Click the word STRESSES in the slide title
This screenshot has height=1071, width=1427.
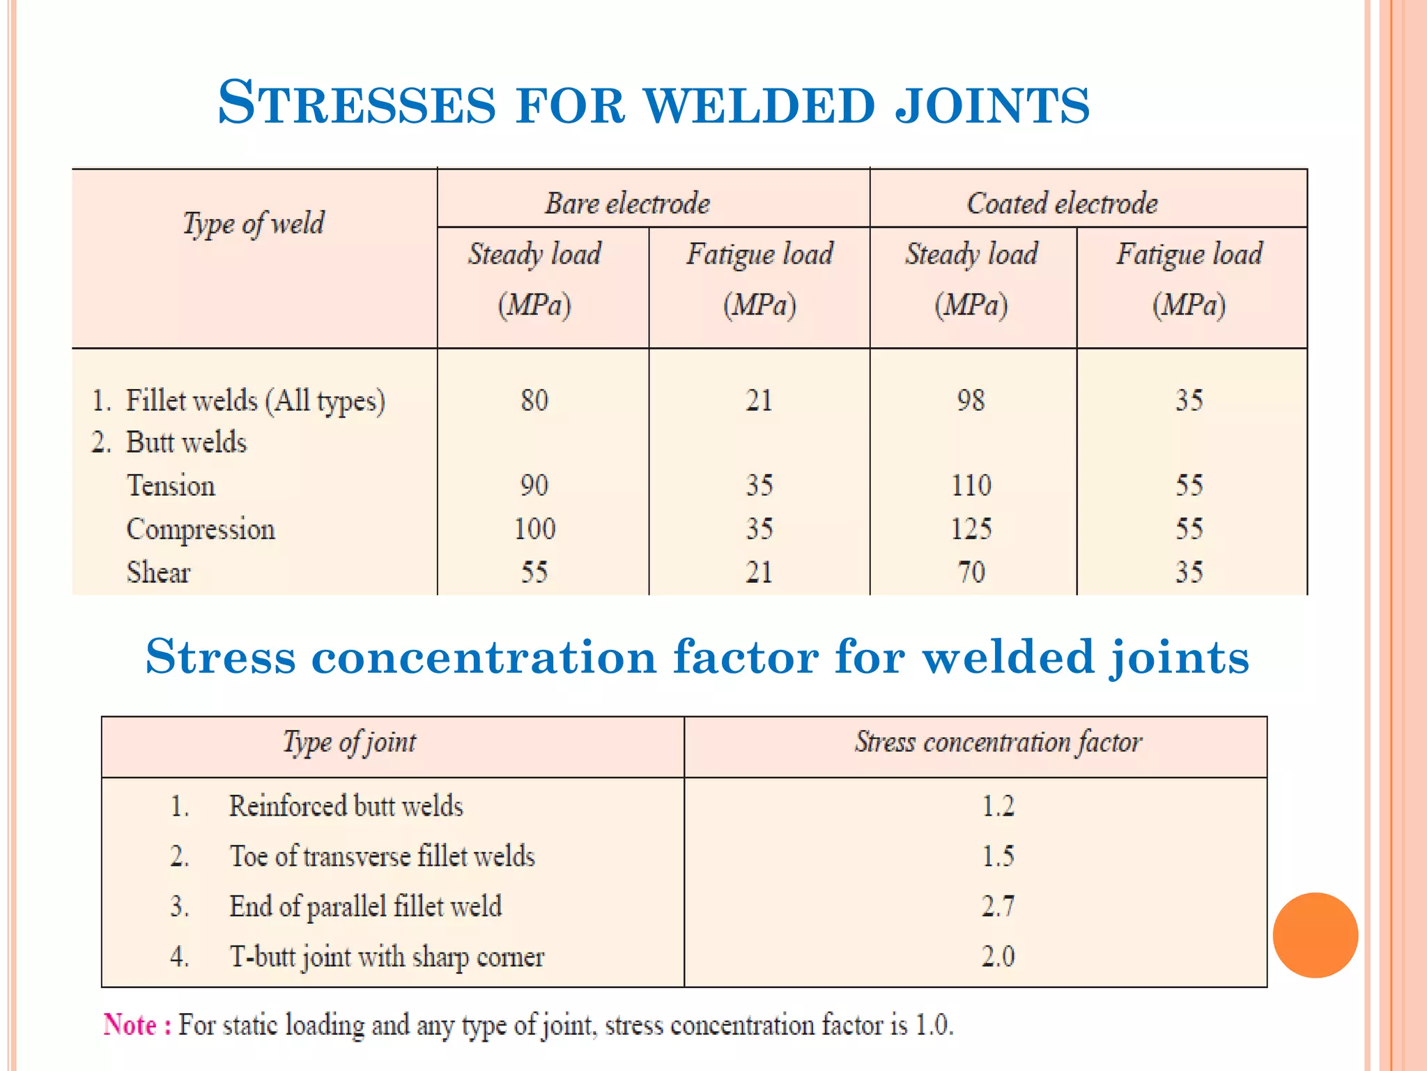tap(356, 103)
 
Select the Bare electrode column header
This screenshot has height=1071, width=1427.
tap(627, 204)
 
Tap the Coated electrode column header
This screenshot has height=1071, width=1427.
tap(1062, 204)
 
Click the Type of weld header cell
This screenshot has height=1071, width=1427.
tap(254, 224)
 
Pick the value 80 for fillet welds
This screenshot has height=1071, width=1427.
tap(534, 400)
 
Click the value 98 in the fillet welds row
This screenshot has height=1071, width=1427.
tap(971, 400)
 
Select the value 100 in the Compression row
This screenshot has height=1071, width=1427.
tap(534, 529)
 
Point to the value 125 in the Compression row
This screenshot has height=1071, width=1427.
tap(971, 529)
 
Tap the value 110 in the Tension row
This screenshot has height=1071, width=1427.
tap(971, 485)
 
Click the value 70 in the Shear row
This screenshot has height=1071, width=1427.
tap(971, 572)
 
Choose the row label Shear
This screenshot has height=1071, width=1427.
tap(158, 572)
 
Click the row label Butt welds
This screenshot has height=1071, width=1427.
tap(186, 443)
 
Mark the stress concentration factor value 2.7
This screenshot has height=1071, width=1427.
tap(998, 906)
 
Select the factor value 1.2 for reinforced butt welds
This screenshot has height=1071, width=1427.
tap(998, 806)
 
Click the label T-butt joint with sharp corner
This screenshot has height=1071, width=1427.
tap(387, 957)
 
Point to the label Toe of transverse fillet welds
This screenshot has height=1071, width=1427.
tap(382, 856)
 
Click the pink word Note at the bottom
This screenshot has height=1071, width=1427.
tap(130, 1025)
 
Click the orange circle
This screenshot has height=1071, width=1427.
tap(1315, 935)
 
